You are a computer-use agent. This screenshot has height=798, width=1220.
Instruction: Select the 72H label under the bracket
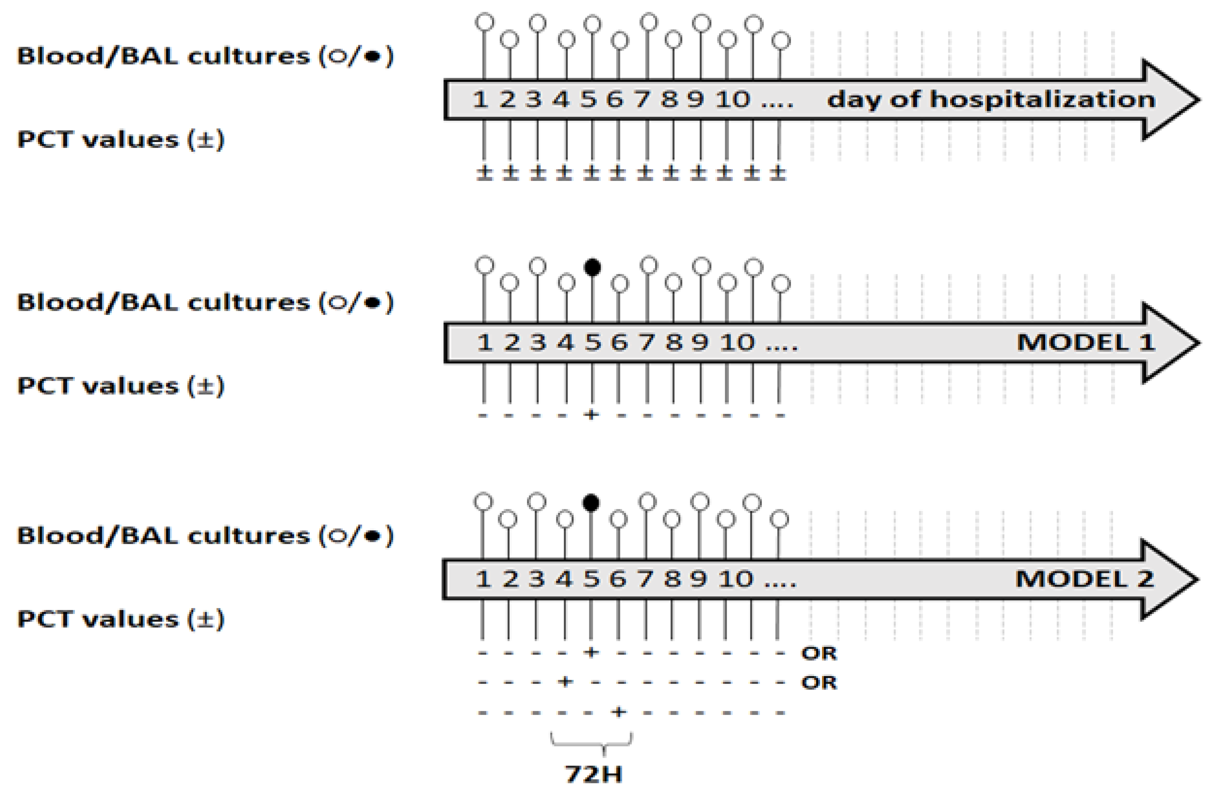point(593,774)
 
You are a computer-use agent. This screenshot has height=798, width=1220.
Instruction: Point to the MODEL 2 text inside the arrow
point(1085,579)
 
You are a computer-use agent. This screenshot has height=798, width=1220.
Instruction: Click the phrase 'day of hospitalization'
point(991,99)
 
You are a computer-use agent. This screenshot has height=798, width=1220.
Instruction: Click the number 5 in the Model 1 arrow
point(593,342)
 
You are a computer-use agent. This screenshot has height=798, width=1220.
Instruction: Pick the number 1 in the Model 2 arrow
point(483,579)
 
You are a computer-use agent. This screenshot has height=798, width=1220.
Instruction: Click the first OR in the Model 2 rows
point(819,653)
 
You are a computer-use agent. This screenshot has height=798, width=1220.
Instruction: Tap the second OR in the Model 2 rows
point(819,683)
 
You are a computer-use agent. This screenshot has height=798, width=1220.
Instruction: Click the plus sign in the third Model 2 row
point(619,712)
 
